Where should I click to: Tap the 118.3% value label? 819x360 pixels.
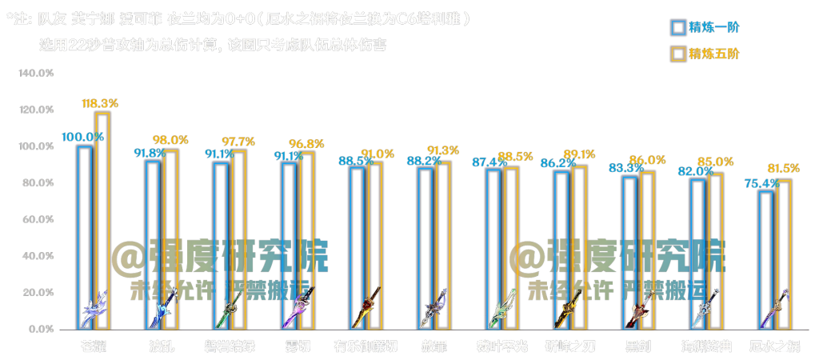tap(100, 103)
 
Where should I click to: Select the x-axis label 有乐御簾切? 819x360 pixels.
tap(366, 346)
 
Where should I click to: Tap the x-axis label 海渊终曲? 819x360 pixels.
tap(706, 346)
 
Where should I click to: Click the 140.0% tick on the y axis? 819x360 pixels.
tap(36, 74)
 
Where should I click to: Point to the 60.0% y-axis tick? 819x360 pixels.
tap(38, 220)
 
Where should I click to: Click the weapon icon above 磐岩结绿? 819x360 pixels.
tap(230, 308)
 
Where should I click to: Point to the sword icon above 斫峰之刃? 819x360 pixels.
tap(569, 308)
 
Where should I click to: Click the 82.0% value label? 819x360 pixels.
tap(696, 171)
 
